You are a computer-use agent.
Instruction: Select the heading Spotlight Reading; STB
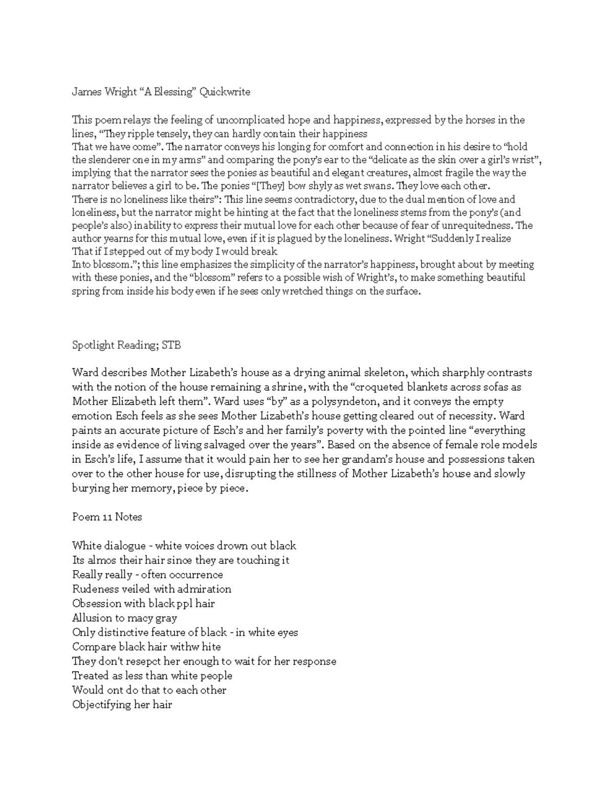126,345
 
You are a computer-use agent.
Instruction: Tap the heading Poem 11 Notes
107,517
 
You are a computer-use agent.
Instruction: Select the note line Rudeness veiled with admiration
151,589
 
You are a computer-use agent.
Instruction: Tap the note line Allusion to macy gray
124,618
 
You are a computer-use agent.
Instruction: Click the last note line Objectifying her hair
122,705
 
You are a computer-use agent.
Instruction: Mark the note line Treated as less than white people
152,675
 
